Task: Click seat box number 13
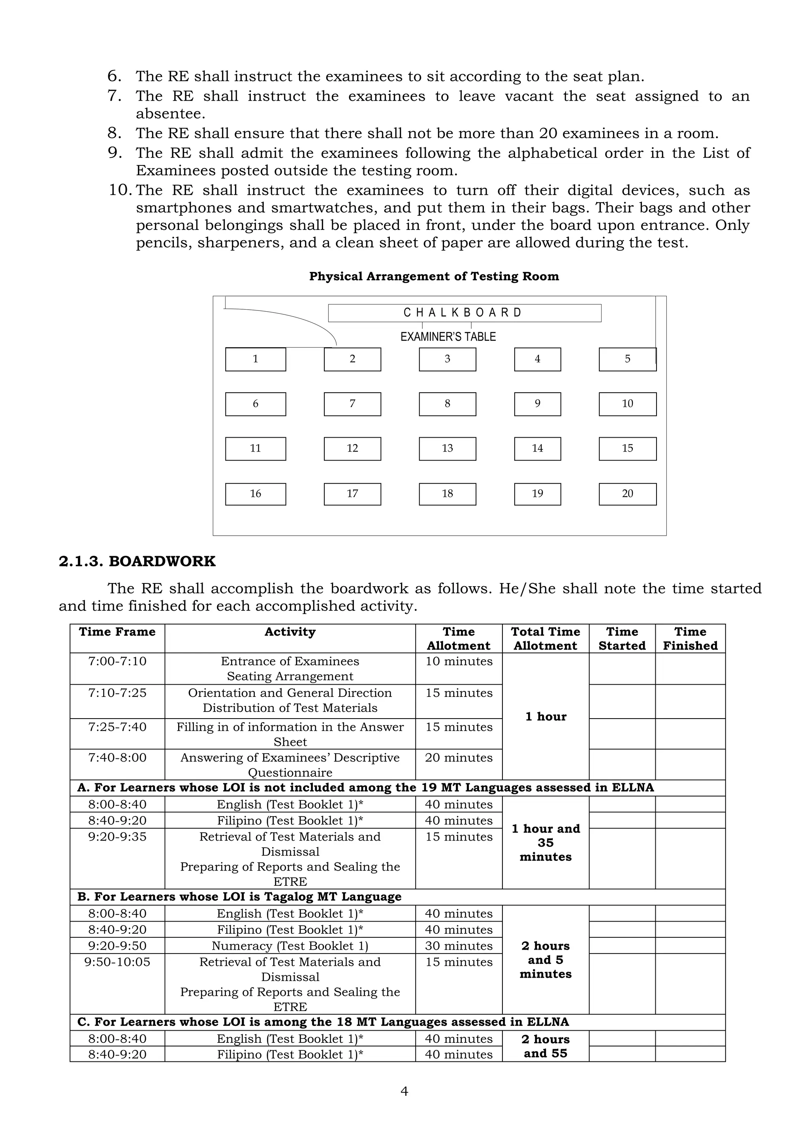point(447,448)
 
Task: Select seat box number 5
point(627,359)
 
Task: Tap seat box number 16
point(256,494)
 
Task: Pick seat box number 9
point(537,404)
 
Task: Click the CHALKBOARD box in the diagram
point(464,313)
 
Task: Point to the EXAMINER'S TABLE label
point(448,337)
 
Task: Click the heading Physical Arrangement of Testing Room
point(434,277)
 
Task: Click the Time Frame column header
point(117,632)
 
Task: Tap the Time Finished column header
point(690,638)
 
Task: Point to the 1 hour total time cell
point(546,717)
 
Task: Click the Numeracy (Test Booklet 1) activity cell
point(290,946)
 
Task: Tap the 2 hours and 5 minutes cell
point(546,960)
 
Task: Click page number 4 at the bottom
point(404,1092)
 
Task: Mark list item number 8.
point(115,133)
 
